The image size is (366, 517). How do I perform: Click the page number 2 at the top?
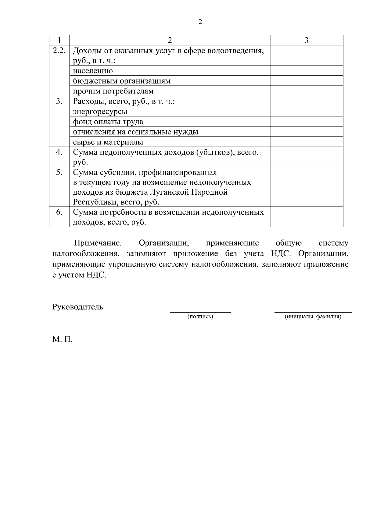coord(200,22)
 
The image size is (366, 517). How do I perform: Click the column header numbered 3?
coord(307,40)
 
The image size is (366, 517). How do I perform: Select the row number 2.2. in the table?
coord(59,51)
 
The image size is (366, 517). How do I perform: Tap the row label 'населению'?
coord(93,71)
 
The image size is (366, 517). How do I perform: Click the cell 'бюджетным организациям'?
coord(122,81)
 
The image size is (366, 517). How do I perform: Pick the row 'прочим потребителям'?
coord(113,91)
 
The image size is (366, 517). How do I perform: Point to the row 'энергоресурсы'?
coord(100,112)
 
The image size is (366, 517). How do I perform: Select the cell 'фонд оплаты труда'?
coord(108,122)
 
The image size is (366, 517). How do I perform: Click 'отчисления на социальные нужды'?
coord(136,132)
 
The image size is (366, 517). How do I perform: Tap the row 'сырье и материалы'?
coord(108,142)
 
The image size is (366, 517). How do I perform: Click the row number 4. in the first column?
coord(59,152)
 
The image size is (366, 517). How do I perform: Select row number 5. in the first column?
coord(59,172)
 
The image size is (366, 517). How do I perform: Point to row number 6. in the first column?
coord(59,212)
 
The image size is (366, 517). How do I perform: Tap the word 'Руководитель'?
coord(78,307)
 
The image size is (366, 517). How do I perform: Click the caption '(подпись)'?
coord(200,317)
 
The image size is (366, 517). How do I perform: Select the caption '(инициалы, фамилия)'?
coord(313,317)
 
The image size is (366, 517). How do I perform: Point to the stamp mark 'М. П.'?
coord(62,339)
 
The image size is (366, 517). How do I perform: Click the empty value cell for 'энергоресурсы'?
coord(307,112)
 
